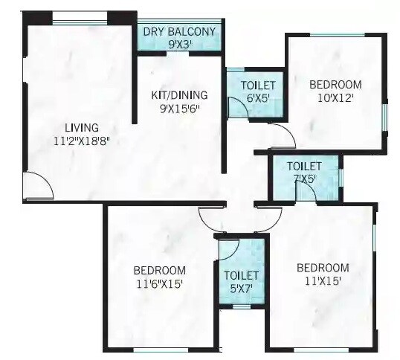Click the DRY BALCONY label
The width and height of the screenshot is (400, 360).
(x=179, y=31)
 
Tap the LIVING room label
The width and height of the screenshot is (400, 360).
(x=81, y=127)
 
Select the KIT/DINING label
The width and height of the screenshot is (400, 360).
(x=179, y=94)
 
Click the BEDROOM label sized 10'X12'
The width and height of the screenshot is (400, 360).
(x=335, y=85)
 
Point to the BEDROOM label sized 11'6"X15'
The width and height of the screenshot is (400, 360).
(x=159, y=270)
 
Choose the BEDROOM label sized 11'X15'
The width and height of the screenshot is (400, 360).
(x=323, y=268)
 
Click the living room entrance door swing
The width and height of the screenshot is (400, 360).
(x=37, y=186)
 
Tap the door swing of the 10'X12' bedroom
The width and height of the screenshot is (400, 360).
(x=283, y=135)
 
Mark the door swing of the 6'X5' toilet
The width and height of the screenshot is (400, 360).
(x=237, y=108)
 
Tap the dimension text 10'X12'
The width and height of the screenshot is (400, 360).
(x=335, y=97)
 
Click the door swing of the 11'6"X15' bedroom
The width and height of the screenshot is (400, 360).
(x=213, y=218)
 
